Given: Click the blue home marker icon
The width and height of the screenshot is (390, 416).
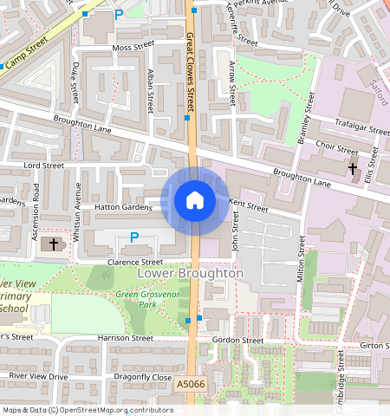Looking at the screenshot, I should [195, 200].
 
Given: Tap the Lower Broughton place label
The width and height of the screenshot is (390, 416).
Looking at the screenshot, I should [190, 273].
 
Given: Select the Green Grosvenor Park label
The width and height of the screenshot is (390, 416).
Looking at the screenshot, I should [153, 301].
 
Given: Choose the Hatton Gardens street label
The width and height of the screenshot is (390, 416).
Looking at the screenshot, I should [118, 207].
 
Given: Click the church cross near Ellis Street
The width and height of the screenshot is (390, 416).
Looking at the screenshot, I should [352, 167].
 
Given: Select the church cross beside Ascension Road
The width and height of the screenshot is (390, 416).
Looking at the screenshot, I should [54, 244].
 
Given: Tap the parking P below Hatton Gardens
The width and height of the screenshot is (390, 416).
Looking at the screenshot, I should [133, 237].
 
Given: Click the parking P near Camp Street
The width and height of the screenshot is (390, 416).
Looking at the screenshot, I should [118, 15].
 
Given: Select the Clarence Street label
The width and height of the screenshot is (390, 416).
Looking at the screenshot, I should [134, 262].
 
